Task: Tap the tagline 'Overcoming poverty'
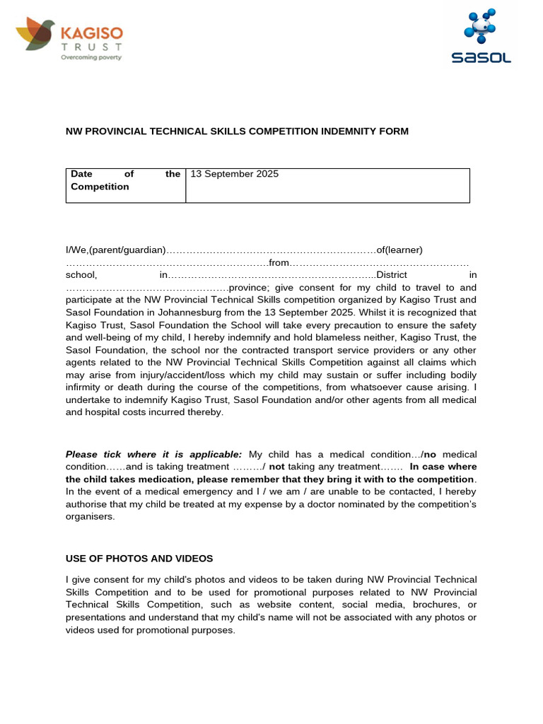tap(91, 57)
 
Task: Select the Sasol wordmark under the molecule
tap(481, 58)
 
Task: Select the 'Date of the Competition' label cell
tap(124, 180)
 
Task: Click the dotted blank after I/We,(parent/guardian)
tap(270, 250)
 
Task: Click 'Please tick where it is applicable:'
tap(154, 454)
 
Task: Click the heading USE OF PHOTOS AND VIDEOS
tap(139, 559)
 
